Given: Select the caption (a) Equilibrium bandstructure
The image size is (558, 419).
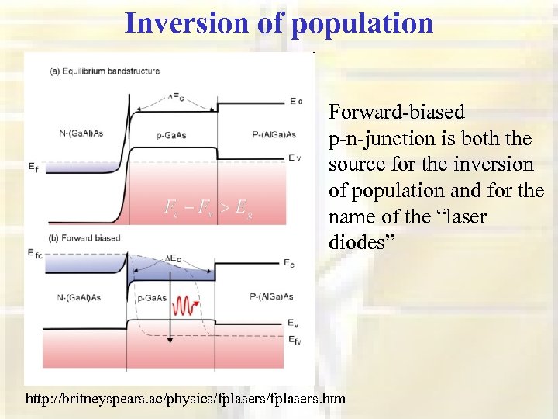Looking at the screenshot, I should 105,71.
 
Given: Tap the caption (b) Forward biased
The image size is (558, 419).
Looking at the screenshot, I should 85,237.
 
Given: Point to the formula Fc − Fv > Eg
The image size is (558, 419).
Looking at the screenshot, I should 208,207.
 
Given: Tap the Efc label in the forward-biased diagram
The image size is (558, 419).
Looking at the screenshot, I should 36,253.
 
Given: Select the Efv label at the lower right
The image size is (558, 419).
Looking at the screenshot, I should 295,340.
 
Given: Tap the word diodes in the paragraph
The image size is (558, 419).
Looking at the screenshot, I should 361,243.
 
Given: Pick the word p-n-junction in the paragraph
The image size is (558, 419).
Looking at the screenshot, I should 381,139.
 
